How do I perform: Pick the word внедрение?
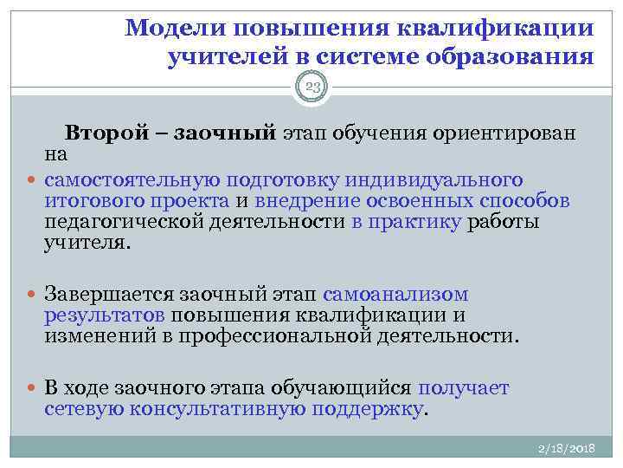pyautogui.click(x=299, y=201)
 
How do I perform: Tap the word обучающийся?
pyautogui.click(x=345, y=387)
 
